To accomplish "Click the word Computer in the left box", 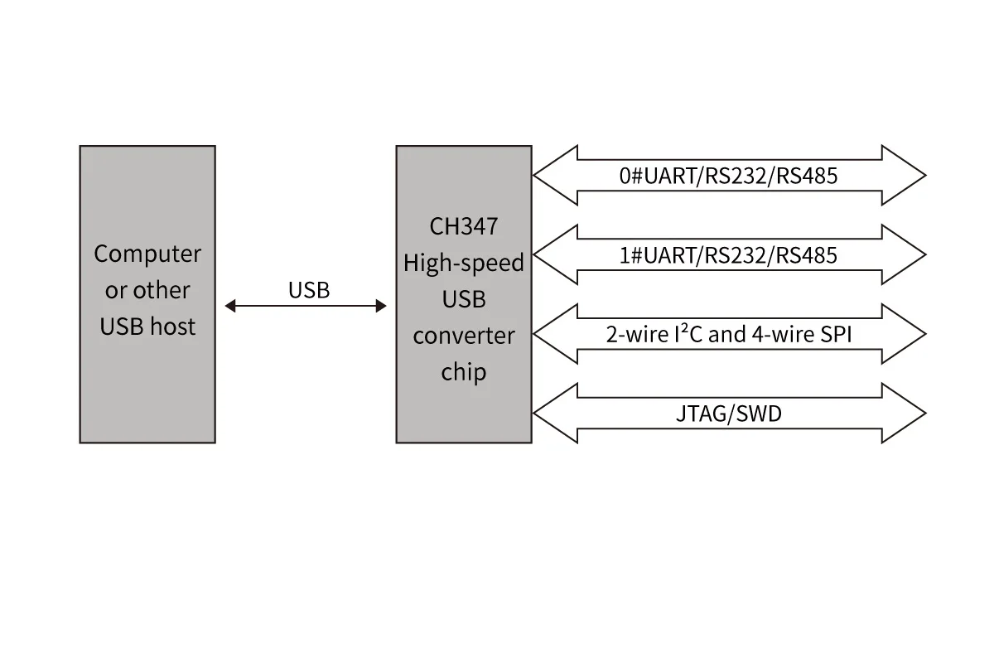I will point(147,254).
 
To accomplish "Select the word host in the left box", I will point(173,327).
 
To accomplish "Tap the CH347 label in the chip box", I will point(463,226).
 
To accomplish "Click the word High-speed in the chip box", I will point(463,264).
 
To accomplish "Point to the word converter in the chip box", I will point(463,336).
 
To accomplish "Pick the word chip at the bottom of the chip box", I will point(463,372).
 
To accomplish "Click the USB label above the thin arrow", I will point(308,290).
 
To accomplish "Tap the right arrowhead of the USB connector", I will point(380,307).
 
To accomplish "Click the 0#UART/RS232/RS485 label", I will point(728,176).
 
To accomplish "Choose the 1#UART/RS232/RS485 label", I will point(728,255).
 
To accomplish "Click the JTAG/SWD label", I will point(728,413).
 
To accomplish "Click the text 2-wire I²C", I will point(654,334).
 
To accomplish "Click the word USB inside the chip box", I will point(463,299).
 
